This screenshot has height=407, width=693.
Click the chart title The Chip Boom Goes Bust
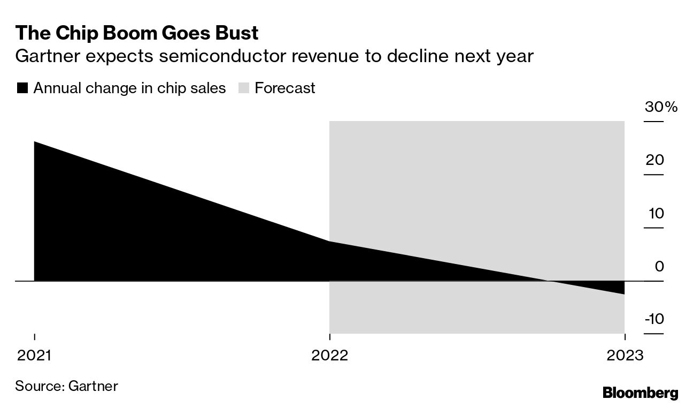coord(137,33)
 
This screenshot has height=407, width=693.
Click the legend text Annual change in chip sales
coord(129,88)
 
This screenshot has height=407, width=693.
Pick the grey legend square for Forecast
coord(244,88)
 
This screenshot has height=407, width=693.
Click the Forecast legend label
coord(285,88)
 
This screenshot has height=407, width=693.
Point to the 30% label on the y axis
coord(661,107)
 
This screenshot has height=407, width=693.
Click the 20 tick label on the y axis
coord(654,160)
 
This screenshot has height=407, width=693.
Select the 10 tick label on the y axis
coord(655,213)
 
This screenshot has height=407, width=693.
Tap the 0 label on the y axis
coord(659,266)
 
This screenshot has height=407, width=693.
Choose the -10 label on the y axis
coord(654,319)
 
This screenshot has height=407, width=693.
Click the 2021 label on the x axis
coord(34,356)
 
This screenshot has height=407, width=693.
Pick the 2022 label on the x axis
coord(329,356)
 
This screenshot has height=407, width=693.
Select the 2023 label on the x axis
coord(624,356)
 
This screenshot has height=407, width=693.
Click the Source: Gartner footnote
coord(66,386)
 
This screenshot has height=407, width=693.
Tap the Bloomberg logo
coord(640,393)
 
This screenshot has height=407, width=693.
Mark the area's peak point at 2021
coord(35,142)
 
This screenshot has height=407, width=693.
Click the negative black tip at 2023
coord(623,292)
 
